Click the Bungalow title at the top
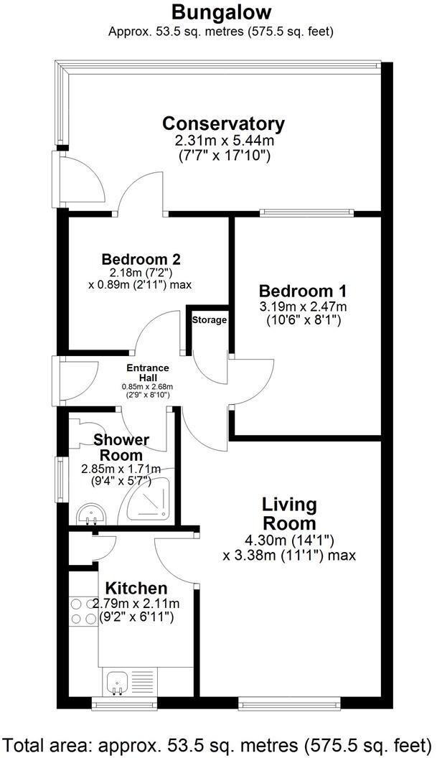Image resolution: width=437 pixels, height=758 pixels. coord(222,12)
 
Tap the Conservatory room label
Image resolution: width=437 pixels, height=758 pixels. coord(223,123)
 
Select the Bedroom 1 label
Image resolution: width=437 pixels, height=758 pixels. coord(303,291)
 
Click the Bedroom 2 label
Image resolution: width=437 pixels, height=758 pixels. coord(141,259)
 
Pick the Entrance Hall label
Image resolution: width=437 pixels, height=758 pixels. coord(148,373)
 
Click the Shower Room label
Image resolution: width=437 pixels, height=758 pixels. coord(121,447)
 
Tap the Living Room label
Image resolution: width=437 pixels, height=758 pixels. coord(289,513)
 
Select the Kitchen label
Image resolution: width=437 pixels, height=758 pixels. coord(136,589)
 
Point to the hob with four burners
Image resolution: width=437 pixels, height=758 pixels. coord(83,612)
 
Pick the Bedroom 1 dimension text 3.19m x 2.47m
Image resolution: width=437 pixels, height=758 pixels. coord(303,307)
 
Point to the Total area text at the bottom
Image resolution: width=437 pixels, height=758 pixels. coord(218,742)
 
